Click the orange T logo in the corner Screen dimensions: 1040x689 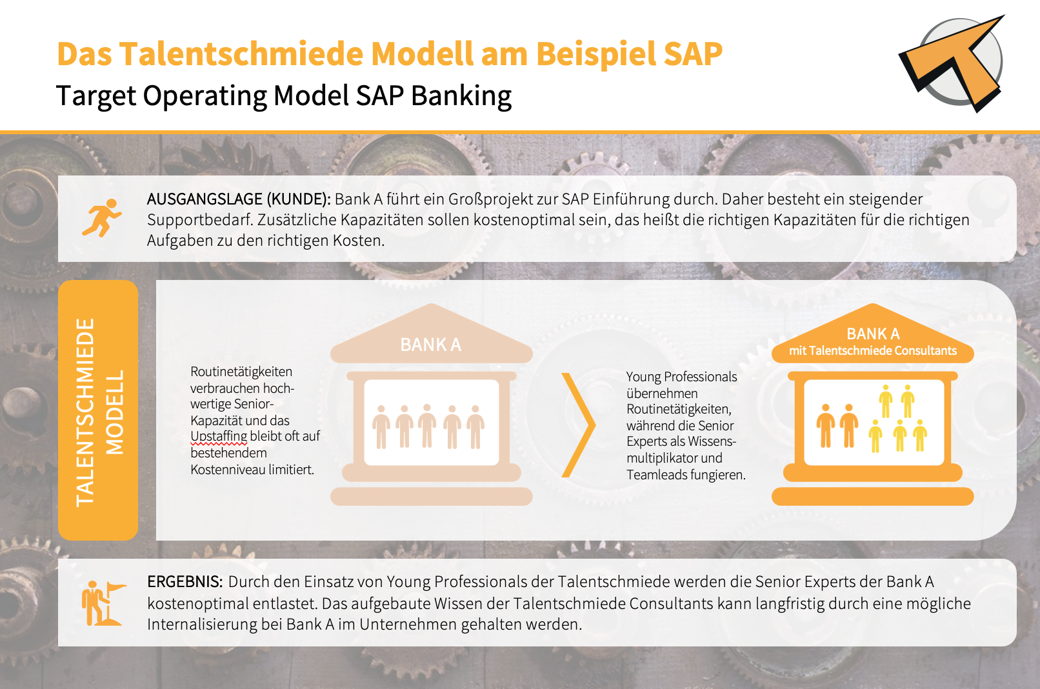(952, 63)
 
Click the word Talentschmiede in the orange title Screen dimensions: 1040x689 (241, 54)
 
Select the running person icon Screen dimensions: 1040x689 (102, 218)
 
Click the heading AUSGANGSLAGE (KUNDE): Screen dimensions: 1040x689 (239, 199)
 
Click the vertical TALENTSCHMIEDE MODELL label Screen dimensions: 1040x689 (99, 412)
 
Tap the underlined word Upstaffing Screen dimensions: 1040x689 (219, 436)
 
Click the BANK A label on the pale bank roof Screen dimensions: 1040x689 (431, 344)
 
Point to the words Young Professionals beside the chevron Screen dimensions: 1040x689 (681, 377)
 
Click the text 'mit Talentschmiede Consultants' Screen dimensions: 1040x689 (873, 350)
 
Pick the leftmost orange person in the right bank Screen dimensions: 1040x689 (826, 425)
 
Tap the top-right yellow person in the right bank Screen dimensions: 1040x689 (908, 401)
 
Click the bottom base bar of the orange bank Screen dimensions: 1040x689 (872, 496)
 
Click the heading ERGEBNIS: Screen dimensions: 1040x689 (185, 582)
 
